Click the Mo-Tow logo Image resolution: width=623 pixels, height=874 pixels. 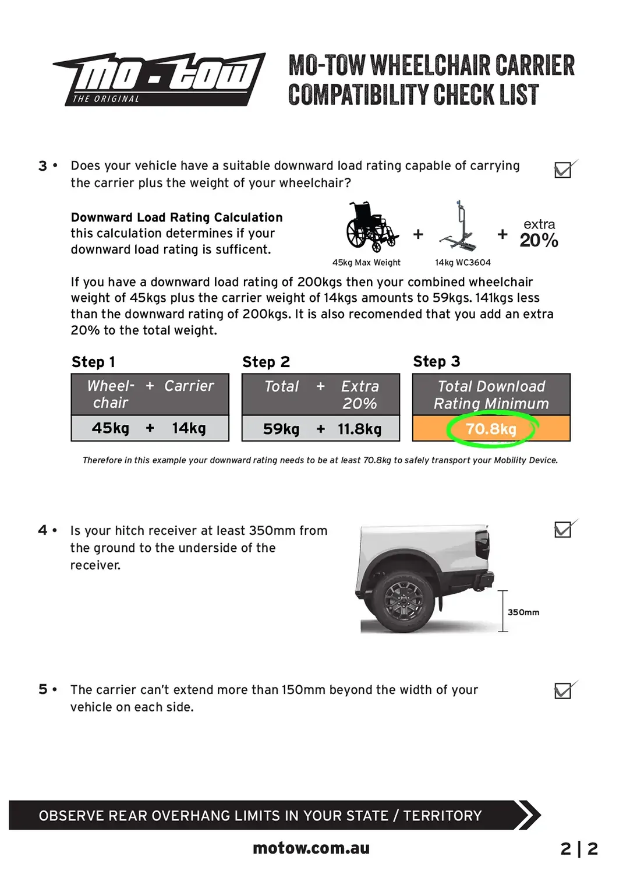[159, 79]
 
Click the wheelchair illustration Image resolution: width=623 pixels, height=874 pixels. [371, 226]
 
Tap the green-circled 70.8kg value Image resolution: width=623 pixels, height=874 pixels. [491, 429]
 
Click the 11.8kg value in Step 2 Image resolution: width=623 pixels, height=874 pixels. [359, 429]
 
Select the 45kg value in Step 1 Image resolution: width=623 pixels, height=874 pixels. [110, 428]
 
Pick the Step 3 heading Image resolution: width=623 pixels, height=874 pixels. [437, 361]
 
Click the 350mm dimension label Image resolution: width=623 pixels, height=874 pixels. [523, 612]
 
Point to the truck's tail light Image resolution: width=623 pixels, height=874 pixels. [482, 544]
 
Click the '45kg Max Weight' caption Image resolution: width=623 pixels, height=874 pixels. [366, 263]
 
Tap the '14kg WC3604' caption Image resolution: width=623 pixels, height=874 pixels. [463, 263]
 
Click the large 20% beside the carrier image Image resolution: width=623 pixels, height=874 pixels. [539, 240]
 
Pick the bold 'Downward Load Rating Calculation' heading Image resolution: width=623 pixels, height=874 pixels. [176, 217]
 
